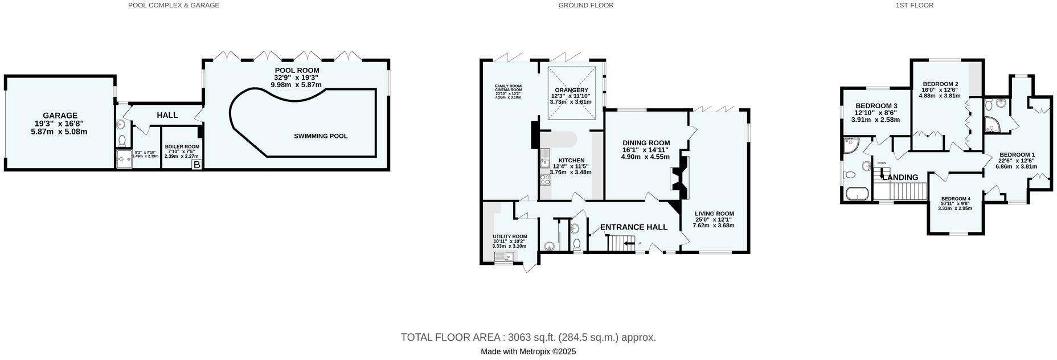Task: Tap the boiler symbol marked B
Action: (x=196, y=165)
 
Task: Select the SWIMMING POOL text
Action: (x=321, y=136)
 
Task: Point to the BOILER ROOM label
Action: (x=182, y=146)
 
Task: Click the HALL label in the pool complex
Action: (x=167, y=115)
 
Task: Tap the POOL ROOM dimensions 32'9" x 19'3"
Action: (x=296, y=77)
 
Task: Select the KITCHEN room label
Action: (x=571, y=160)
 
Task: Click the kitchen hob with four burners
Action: (x=544, y=181)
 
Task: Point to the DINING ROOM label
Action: (x=646, y=143)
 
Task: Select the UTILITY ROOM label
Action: (x=510, y=236)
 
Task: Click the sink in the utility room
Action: (x=503, y=257)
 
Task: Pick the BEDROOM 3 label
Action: (x=876, y=106)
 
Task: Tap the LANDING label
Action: (x=900, y=177)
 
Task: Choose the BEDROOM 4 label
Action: (x=955, y=199)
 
